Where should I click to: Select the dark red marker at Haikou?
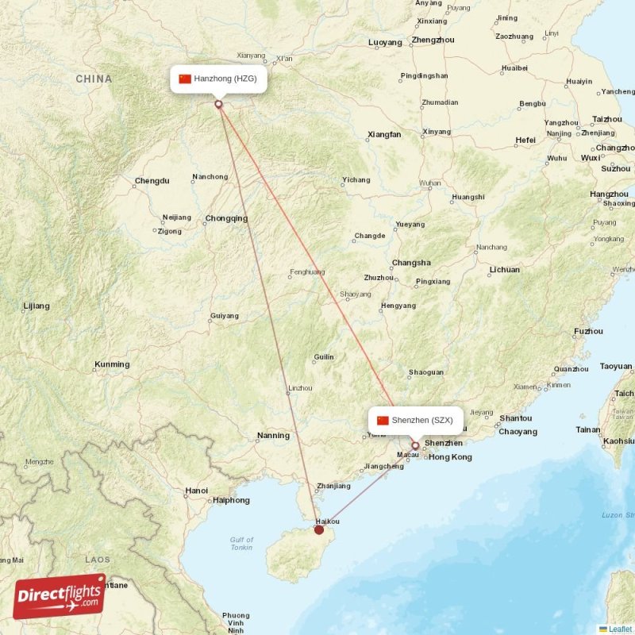pyautogui.click(x=319, y=529)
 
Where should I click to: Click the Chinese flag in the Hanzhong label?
pyautogui.click(x=185, y=79)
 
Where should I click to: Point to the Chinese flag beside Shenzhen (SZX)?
pyautogui.click(x=383, y=420)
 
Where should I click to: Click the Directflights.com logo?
pyautogui.click(x=60, y=596)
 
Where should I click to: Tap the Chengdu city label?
pyautogui.click(x=152, y=181)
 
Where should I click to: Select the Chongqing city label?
pyautogui.click(x=226, y=218)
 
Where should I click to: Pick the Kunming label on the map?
pyautogui.click(x=111, y=364)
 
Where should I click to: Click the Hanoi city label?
pyautogui.click(x=196, y=491)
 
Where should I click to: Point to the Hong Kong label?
pyautogui.click(x=450, y=457)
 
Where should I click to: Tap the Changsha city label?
pyautogui.click(x=411, y=263)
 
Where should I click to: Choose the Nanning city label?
pyautogui.click(x=273, y=435)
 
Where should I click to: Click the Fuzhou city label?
pyautogui.click(x=588, y=331)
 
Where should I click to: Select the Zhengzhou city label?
pyautogui.click(x=433, y=40)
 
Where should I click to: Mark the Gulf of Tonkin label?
pyautogui.click(x=242, y=544)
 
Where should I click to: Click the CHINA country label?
pyautogui.click(x=94, y=79)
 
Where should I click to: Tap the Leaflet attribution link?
pyautogui.click(x=620, y=629)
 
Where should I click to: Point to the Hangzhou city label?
pyautogui.click(x=609, y=194)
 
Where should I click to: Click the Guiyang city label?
pyautogui.click(x=224, y=316)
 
